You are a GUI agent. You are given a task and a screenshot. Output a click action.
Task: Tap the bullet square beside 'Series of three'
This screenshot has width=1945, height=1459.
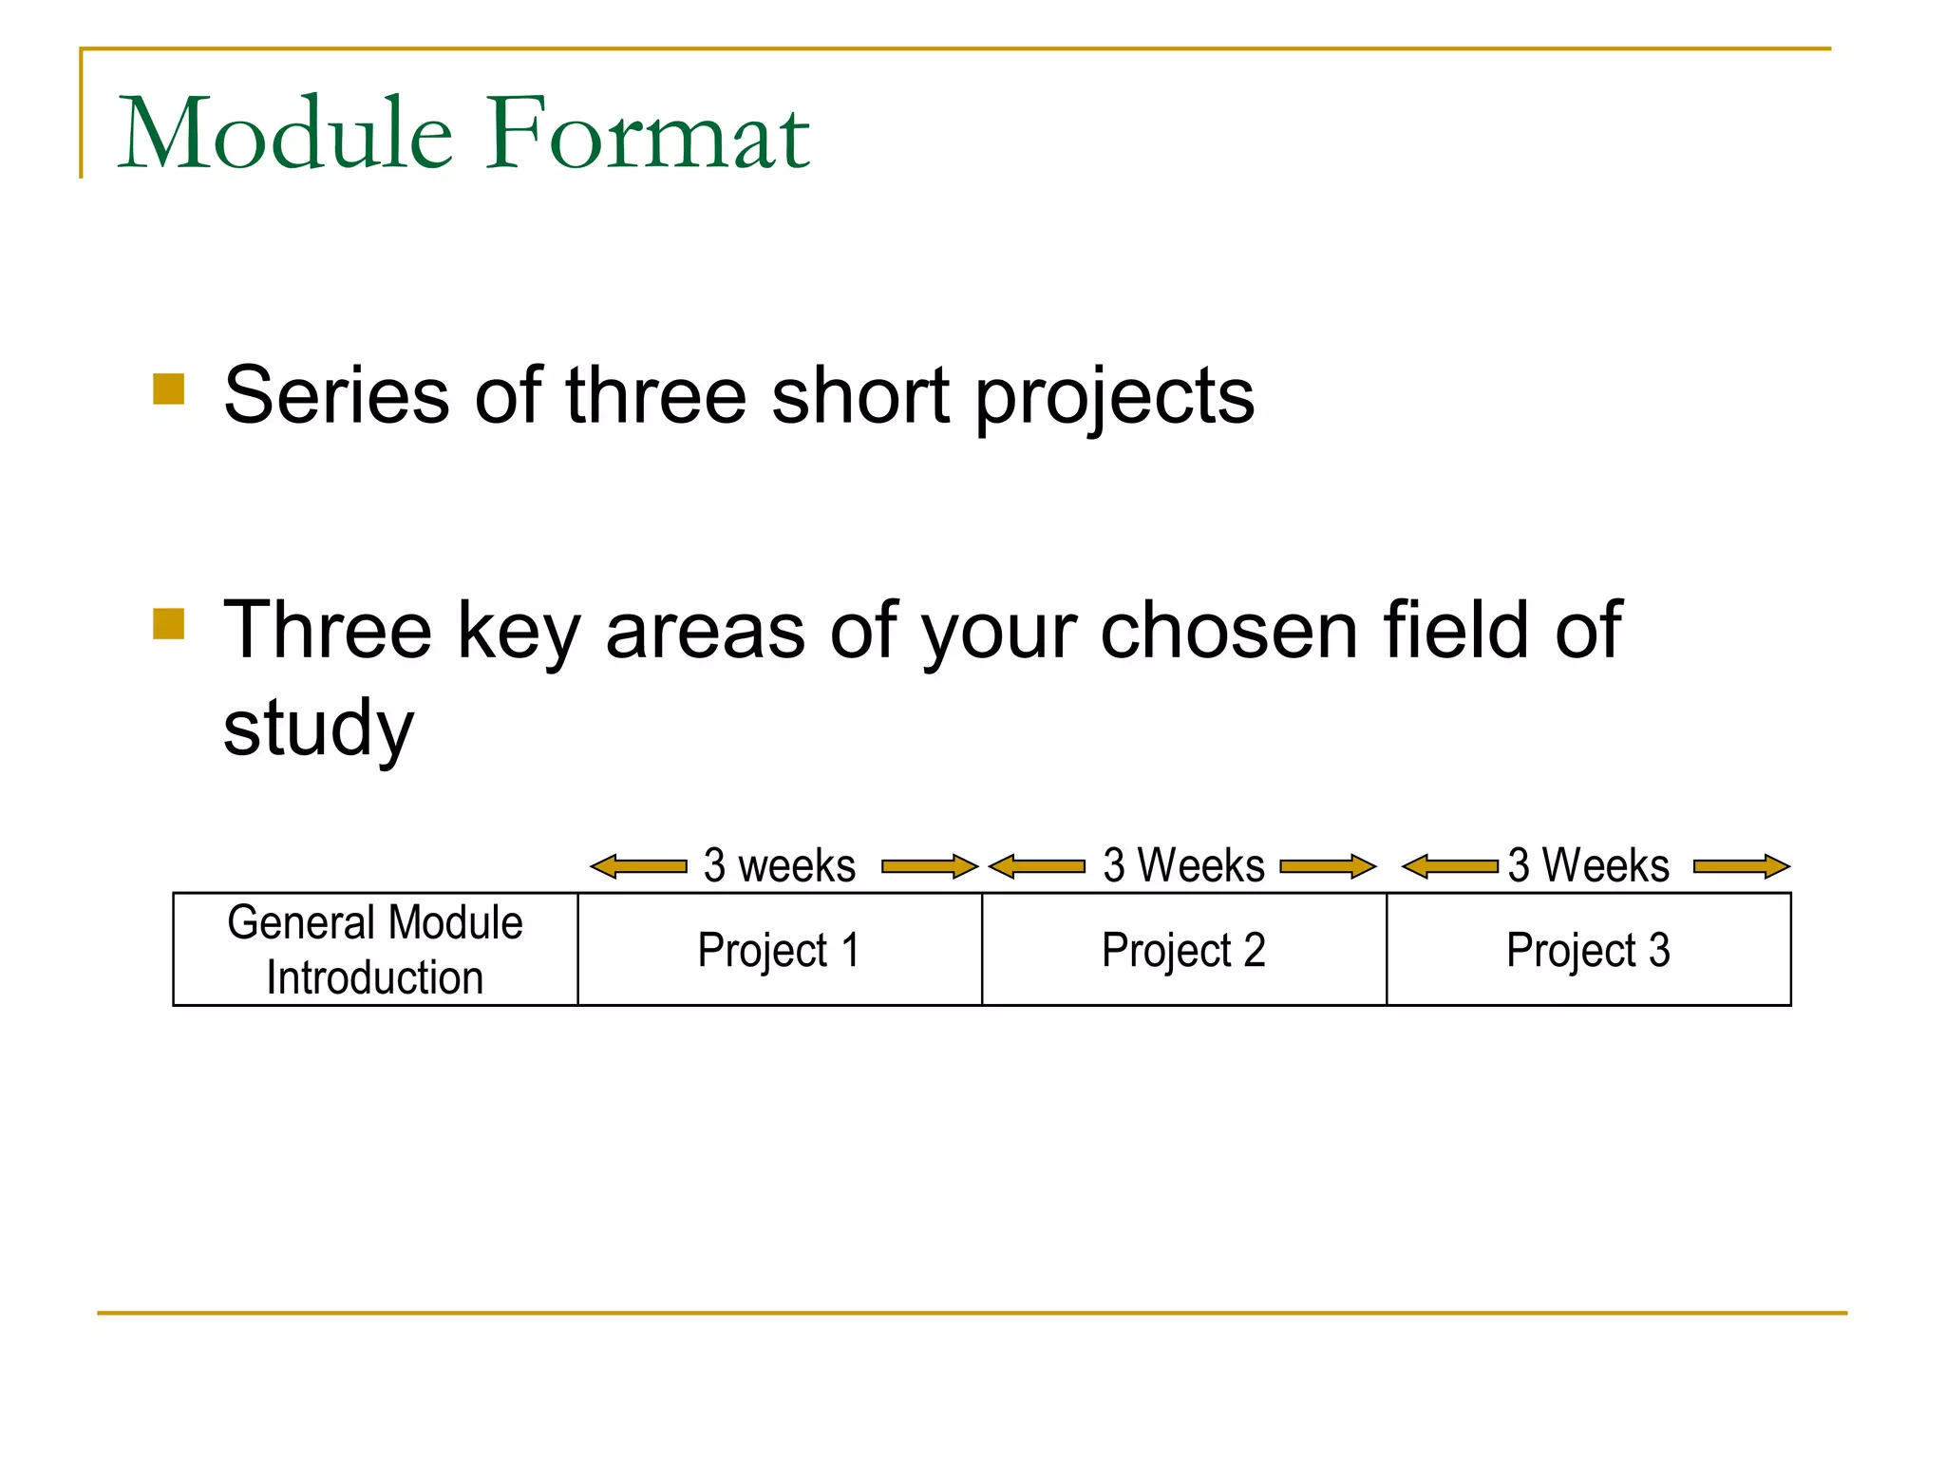point(169,389)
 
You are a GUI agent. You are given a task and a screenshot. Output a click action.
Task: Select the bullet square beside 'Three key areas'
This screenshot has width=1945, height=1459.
point(169,624)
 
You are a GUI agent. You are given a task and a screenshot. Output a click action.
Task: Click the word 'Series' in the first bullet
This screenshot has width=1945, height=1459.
point(336,395)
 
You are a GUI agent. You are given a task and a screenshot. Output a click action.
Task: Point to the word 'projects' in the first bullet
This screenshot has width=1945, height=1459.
point(1115,399)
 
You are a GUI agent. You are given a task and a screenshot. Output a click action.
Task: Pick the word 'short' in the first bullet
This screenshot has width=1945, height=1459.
point(860,395)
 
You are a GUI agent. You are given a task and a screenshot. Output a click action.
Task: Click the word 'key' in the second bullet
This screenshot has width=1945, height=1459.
point(519,633)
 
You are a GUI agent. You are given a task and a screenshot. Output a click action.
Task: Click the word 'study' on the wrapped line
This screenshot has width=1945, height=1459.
point(319,729)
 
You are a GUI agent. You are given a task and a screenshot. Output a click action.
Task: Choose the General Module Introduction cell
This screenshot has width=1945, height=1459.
point(375,949)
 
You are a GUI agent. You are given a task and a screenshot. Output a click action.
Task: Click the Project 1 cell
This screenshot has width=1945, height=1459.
point(780,949)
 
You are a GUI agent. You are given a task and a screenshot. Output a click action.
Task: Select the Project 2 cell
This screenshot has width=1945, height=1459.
point(1184,949)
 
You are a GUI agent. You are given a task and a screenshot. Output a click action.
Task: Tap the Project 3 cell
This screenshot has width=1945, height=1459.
point(1589,949)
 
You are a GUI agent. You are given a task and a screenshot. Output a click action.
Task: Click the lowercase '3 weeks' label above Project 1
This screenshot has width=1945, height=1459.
point(780,865)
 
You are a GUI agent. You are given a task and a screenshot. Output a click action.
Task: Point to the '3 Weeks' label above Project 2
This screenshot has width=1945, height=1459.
point(1184,865)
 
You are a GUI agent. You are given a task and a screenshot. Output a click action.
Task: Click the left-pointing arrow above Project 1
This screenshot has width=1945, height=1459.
point(638,866)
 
